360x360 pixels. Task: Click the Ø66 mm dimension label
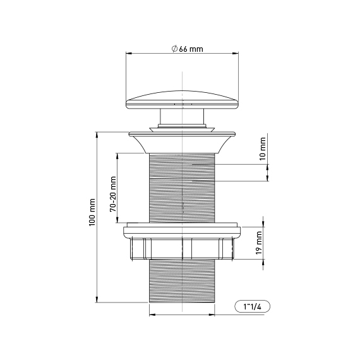pos(188,49)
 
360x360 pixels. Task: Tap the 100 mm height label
pos(92,212)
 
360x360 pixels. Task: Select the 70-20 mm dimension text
pos(113,194)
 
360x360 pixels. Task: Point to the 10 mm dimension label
pos(263,148)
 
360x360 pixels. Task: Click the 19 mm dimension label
pos(259,243)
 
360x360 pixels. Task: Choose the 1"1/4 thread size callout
pos(253,306)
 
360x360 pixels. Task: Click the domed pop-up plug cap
pos(182,99)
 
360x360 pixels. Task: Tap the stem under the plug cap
pos(182,116)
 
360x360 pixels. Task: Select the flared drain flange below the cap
pos(182,142)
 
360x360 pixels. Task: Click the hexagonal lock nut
pos(182,249)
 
